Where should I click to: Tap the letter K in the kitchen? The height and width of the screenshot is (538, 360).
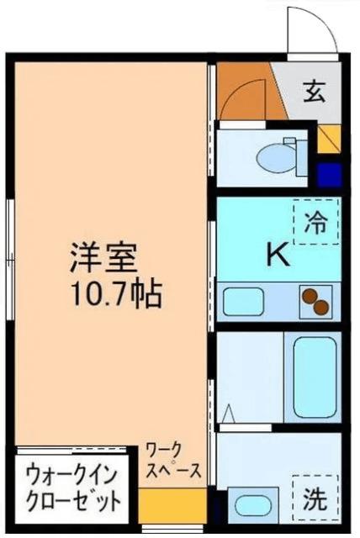[278, 255]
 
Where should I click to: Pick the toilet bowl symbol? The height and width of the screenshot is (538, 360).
[274, 156]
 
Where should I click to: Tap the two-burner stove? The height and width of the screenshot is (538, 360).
[315, 300]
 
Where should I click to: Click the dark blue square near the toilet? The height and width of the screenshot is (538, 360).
[330, 176]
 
